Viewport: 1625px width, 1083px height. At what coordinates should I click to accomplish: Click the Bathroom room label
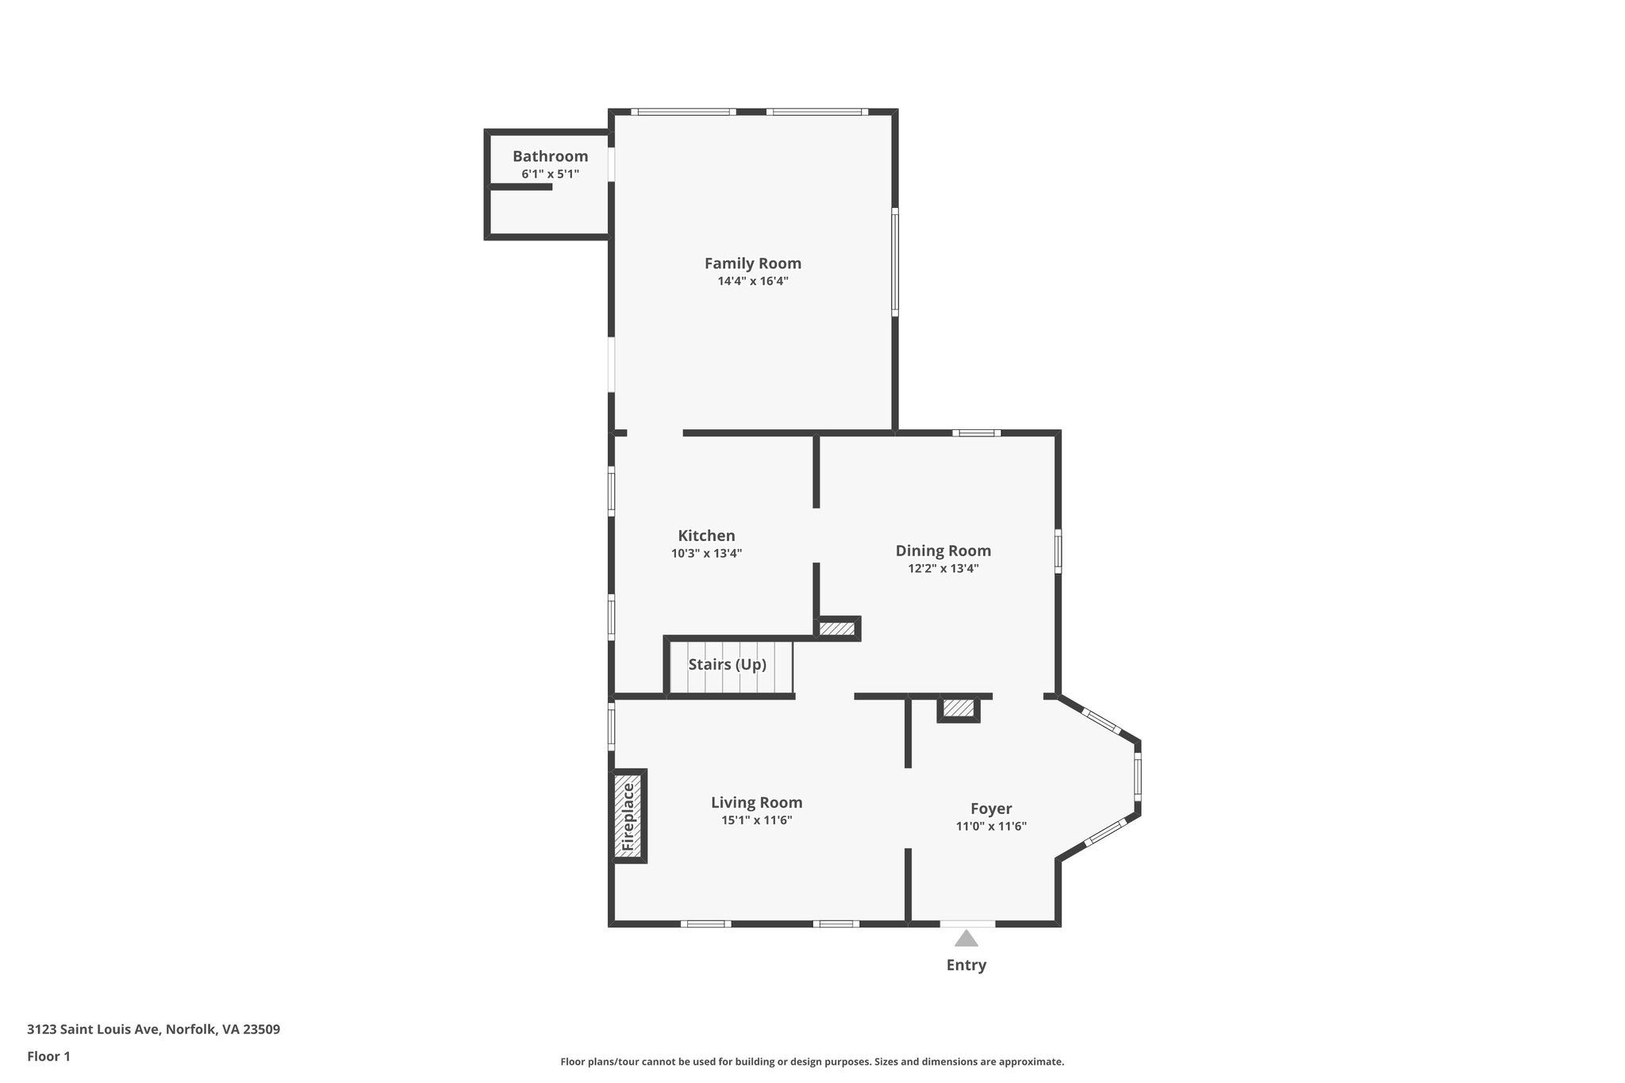pos(550,156)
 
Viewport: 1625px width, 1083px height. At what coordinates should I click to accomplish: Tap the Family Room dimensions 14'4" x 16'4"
pos(752,281)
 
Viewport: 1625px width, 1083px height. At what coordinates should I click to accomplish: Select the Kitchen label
pos(706,536)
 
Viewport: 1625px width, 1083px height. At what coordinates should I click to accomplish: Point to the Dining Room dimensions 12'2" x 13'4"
pos(943,568)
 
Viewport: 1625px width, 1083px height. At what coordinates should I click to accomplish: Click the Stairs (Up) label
pos(727,664)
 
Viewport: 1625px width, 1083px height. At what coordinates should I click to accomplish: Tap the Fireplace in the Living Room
pos(629,816)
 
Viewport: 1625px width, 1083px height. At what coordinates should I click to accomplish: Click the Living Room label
pos(756,802)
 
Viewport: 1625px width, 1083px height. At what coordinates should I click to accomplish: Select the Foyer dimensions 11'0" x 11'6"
pos(991,826)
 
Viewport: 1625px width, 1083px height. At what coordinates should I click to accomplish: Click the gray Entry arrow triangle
pos(966,939)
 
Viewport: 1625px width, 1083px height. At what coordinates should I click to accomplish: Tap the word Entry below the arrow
pos(966,965)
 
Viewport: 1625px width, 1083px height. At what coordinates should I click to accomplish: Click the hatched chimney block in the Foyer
pos(958,708)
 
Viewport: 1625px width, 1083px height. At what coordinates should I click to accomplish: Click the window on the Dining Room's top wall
pos(976,433)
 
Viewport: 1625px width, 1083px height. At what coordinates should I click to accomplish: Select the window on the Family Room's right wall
pos(895,262)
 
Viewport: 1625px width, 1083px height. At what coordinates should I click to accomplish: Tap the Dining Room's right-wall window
pos(1058,550)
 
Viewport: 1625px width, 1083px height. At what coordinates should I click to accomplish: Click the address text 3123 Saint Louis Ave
pos(153,1029)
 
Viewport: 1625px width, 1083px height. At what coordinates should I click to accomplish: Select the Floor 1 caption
pos(48,1056)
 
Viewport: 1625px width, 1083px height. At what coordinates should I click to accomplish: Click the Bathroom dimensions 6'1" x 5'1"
pos(550,174)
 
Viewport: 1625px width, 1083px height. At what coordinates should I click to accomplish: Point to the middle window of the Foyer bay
pos(1137,777)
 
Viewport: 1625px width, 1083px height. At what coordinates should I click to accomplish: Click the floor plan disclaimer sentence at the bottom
pos(812,1062)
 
